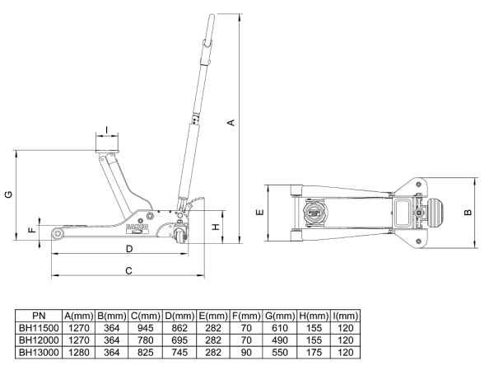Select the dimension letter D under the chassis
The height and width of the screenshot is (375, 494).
(x=129, y=248)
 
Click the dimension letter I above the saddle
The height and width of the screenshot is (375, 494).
(x=108, y=129)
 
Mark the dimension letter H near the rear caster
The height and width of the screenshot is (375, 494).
(x=216, y=226)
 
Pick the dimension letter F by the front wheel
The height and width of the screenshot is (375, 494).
(x=32, y=232)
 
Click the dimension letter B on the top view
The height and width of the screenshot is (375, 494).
(x=468, y=212)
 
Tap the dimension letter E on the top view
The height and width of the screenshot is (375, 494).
(x=260, y=213)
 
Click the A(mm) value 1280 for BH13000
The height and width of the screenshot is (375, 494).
(x=79, y=351)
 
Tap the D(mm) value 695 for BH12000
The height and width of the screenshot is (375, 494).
(x=180, y=340)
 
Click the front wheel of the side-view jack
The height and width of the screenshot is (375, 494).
(x=58, y=236)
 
